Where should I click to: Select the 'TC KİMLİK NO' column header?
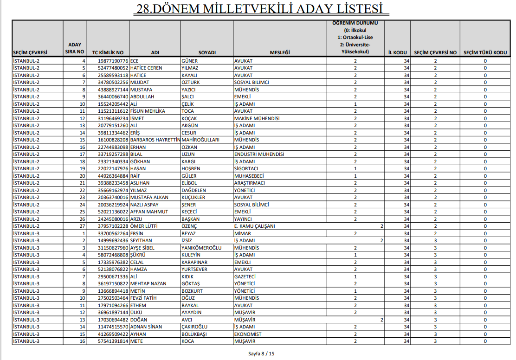coord(108,52)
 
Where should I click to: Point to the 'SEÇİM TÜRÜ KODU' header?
coord(485,52)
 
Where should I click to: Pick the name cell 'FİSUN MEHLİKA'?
coord(148,111)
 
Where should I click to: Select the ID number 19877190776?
coord(113,61)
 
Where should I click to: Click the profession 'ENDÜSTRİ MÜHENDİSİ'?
coord(259,154)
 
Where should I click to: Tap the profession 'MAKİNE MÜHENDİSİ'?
coord(257,118)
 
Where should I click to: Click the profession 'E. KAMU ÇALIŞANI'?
coord(254,226)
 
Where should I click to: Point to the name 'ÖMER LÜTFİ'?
coord(144,226)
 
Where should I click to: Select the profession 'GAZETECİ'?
coord(245,276)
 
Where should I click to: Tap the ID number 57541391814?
coord(113,341)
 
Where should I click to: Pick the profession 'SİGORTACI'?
coord(246,168)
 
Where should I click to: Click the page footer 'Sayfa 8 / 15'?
coord(261,354)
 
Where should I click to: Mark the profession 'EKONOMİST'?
coord(247,334)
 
